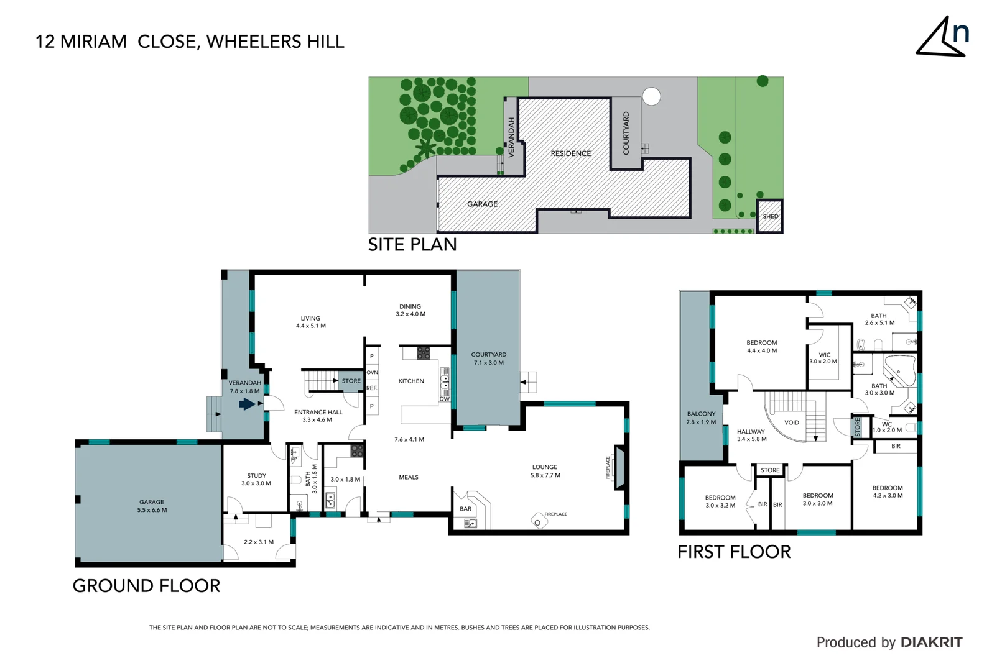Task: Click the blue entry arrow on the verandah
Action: [x=247, y=404]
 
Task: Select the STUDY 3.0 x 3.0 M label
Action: [x=256, y=479]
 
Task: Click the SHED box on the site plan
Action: [x=770, y=216]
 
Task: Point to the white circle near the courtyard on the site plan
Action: [x=651, y=96]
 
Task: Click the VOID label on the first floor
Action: [x=792, y=422]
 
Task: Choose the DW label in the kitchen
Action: [x=444, y=399]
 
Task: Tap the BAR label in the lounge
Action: [x=465, y=509]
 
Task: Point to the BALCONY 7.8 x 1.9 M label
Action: [x=701, y=418]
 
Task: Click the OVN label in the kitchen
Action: [x=372, y=372]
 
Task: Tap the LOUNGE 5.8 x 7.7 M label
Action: [x=545, y=471]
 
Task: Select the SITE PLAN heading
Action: [x=412, y=245]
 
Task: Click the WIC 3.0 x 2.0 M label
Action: [x=823, y=358]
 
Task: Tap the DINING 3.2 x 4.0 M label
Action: [x=410, y=310]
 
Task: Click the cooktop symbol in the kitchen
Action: [x=424, y=353]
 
